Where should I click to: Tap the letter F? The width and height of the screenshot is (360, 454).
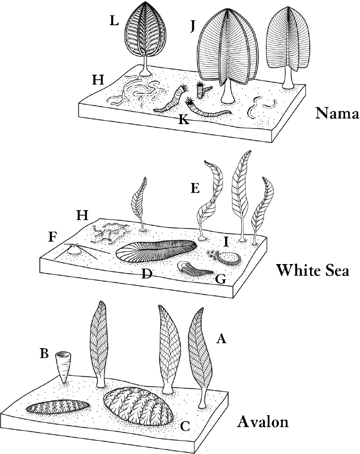tap(52, 236)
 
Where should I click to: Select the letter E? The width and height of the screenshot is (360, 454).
tap(194, 188)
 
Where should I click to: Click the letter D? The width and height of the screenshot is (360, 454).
tap(146, 273)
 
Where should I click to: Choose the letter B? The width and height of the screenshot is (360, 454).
tap(44, 354)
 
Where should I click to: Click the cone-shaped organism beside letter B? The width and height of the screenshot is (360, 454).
tap(63, 366)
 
